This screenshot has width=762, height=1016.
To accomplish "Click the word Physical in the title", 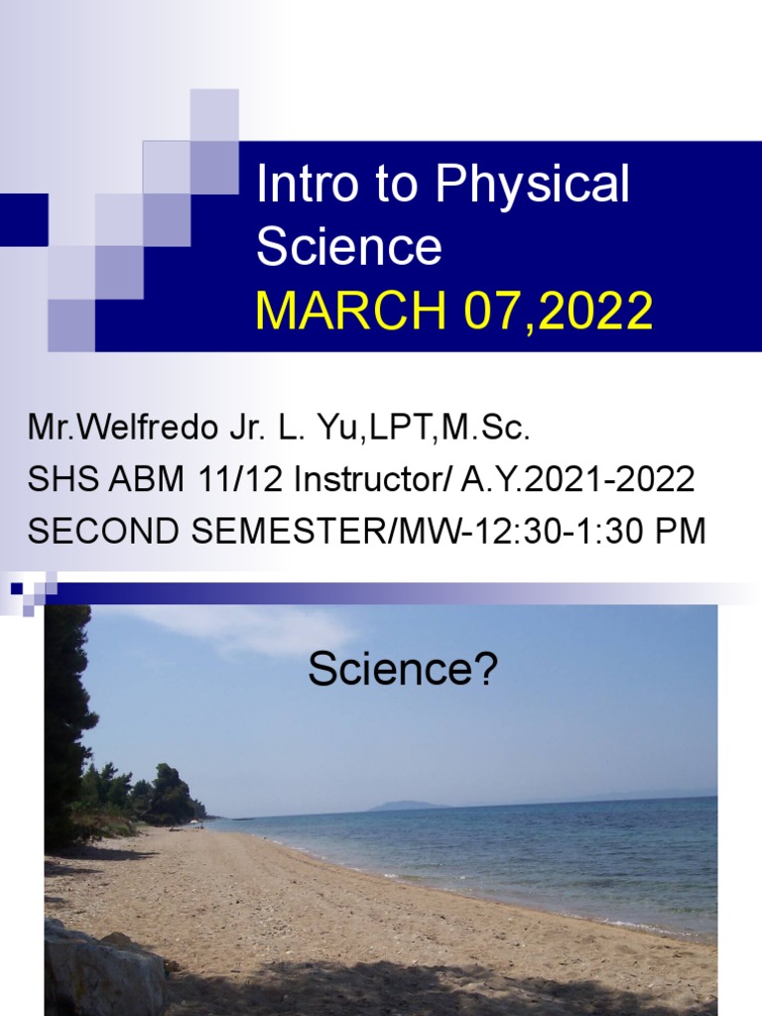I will click(x=533, y=186).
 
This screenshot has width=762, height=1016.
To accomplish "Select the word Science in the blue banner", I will click(x=348, y=247).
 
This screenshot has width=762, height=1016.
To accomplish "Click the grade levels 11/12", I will click(x=224, y=480).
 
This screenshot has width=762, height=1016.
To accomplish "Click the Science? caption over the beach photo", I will click(x=402, y=671).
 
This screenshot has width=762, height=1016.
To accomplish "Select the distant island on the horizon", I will click(x=407, y=806).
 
